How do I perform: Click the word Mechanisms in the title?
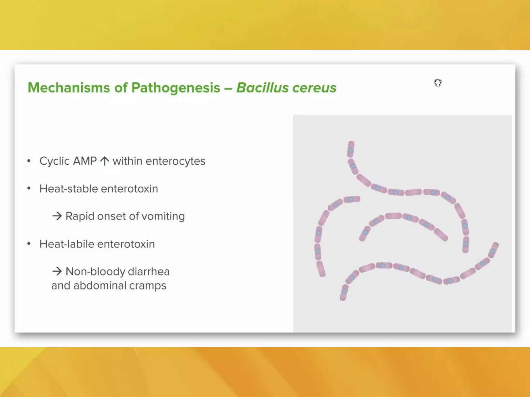(69, 88)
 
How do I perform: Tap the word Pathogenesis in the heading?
(176, 88)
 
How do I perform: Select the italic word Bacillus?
(262, 88)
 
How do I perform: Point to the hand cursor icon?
(438, 83)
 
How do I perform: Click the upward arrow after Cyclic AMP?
(105, 161)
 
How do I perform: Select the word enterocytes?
(175, 161)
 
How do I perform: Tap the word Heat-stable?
(68, 189)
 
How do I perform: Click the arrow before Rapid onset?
(57, 216)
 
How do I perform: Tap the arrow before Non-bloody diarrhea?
(57, 271)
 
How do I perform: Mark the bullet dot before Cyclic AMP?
(29, 161)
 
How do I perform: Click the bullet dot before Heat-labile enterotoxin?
(29, 244)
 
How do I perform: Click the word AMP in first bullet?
(85, 161)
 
